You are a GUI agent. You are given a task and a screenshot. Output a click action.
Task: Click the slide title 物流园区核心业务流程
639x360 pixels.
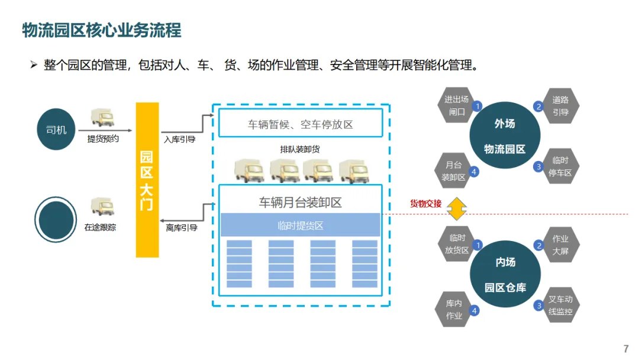point(101,30)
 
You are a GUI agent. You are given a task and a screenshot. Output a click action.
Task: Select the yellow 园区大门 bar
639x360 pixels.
point(147,180)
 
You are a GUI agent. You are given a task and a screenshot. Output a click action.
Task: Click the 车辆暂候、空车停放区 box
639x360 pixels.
point(300,124)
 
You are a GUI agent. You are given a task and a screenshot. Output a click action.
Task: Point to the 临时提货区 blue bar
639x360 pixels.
point(300,226)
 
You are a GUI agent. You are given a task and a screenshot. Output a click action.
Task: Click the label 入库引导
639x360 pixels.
point(179,140)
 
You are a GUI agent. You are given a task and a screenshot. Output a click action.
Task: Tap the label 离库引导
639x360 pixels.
point(182,227)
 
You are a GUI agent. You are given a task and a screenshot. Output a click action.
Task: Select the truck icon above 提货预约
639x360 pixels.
point(102,117)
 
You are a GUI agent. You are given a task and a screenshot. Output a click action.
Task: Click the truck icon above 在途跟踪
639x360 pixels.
point(102,206)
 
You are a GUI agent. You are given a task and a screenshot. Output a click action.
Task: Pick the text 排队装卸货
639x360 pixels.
point(300,149)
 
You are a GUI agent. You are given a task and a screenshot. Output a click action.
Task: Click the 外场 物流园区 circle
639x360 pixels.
point(505,136)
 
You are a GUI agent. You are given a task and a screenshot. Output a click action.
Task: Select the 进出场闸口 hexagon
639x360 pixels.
point(457,105)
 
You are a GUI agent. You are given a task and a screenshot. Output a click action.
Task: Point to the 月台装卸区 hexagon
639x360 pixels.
point(454,171)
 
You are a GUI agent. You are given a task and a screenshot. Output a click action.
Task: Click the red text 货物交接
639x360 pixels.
point(426,204)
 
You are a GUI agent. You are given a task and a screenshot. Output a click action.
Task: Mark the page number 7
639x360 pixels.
point(626,349)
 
